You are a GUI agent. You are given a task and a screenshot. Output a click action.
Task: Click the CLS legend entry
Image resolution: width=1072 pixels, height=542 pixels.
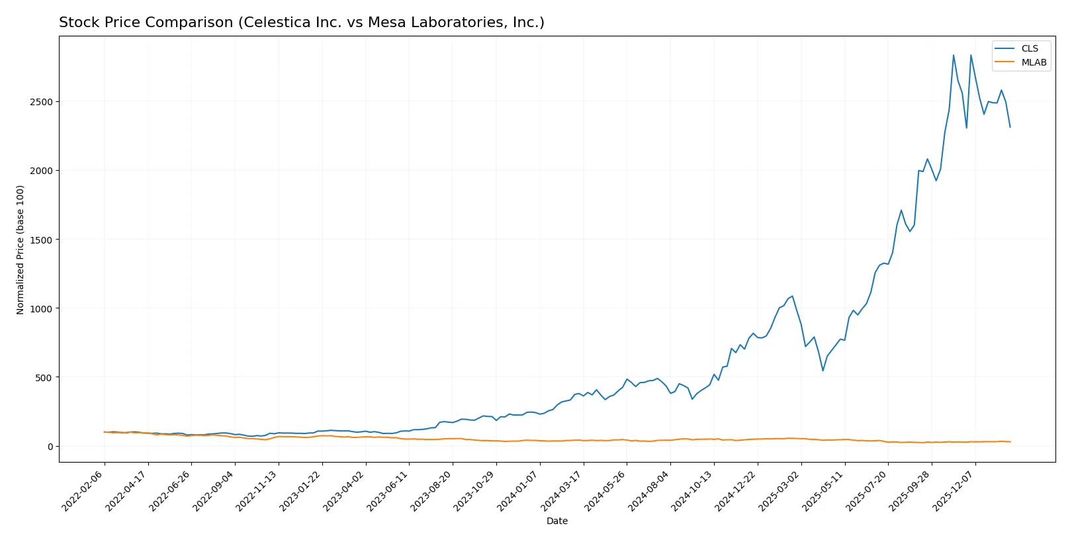(1029, 48)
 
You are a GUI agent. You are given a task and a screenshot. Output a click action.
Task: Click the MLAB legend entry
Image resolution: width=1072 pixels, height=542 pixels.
(1033, 62)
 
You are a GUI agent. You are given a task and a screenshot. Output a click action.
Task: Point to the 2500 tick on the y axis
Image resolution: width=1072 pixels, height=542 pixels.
(41, 102)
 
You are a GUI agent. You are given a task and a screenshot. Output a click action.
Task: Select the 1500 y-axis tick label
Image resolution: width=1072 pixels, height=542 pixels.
(41, 240)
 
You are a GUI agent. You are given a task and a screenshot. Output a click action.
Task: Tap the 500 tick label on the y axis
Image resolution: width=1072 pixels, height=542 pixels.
(44, 378)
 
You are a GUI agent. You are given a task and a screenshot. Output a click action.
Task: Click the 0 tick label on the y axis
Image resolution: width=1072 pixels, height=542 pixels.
(50, 447)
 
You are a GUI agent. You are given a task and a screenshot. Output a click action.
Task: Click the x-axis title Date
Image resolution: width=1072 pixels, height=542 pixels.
(557, 521)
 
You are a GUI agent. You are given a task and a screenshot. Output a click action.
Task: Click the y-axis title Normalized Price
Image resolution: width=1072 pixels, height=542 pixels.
(21, 249)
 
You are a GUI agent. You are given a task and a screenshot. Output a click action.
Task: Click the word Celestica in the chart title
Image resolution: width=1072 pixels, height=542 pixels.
(271, 23)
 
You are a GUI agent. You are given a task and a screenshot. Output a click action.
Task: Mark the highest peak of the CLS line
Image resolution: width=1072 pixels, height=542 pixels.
(954, 55)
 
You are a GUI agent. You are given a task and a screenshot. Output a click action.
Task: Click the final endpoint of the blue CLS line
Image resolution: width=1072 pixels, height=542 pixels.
(1010, 127)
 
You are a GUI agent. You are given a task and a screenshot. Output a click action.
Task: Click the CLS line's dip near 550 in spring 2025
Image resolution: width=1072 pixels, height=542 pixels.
(823, 371)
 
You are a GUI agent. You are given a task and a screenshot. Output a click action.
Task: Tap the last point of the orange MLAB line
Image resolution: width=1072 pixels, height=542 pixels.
(1010, 441)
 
